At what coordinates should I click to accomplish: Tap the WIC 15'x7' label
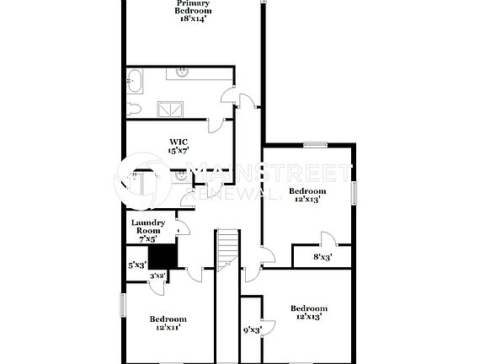tap(178, 146)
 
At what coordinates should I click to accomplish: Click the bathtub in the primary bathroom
tap(136, 83)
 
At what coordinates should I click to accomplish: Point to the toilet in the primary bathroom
tap(135, 108)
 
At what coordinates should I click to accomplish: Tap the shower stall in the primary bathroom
tap(172, 108)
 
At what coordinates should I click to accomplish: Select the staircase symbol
tap(227, 250)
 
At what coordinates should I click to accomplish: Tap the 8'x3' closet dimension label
tap(322, 257)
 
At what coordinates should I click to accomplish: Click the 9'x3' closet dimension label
tap(251, 330)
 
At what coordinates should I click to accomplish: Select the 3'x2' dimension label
tap(157, 276)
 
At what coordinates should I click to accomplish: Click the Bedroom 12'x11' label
tap(168, 324)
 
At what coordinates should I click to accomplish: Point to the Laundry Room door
tap(182, 227)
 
